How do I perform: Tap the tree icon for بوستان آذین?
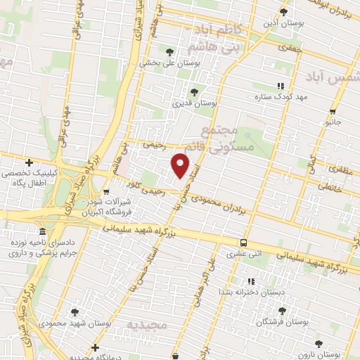pos(284,11)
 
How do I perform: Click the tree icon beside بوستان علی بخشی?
pos(169,51)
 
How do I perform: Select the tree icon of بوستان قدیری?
pos(195,91)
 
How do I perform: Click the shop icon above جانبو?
pos(332,110)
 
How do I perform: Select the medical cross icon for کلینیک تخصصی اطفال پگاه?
pos(29,162)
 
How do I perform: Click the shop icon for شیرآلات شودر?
pos(106,191)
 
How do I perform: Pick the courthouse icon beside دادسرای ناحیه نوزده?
pos(43,231)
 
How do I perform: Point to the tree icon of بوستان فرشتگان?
pos(282,310)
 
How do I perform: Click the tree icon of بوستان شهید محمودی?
pos(75,312)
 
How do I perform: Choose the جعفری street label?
pos(288,48)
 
